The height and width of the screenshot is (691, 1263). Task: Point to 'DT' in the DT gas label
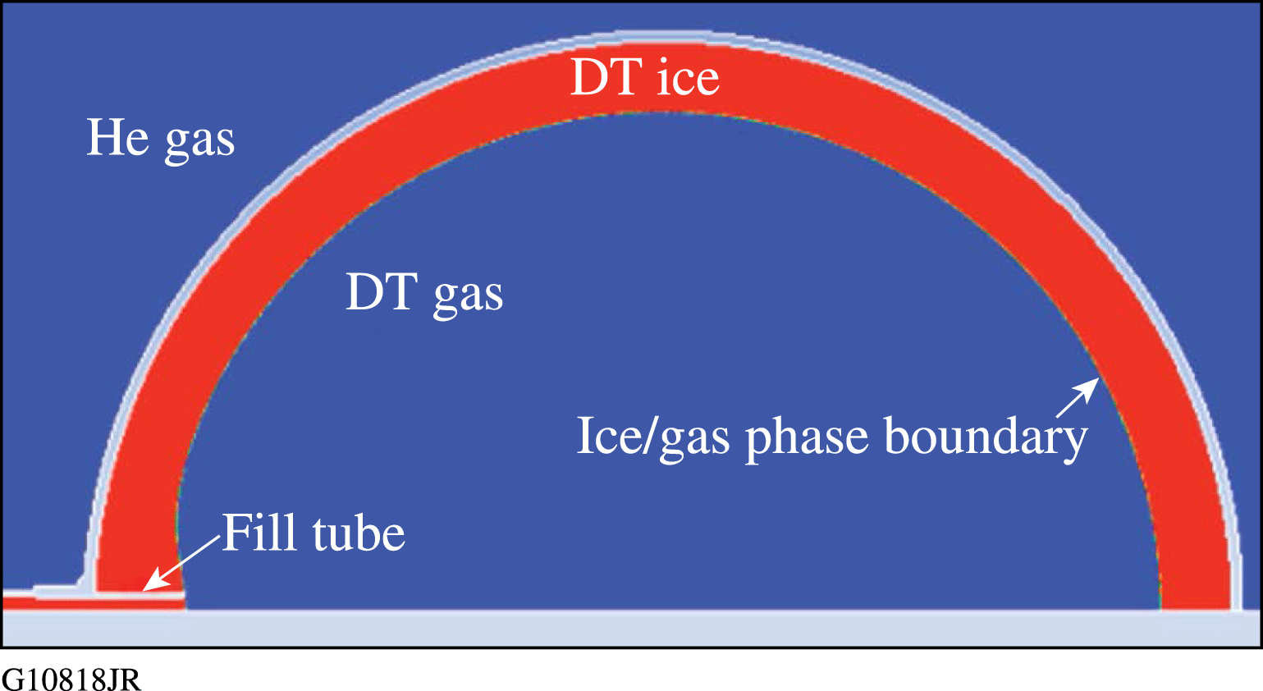(382, 292)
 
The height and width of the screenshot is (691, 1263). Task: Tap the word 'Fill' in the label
(260, 532)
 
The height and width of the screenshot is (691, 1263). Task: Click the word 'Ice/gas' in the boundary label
(653, 437)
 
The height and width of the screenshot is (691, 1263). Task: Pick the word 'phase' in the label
(807, 440)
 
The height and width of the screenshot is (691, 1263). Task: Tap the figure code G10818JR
(71, 679)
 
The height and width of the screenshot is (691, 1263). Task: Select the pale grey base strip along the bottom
(632, 627)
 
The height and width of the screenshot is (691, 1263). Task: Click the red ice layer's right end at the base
(1195, 604)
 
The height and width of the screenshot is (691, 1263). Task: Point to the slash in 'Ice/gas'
(650, 437)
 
